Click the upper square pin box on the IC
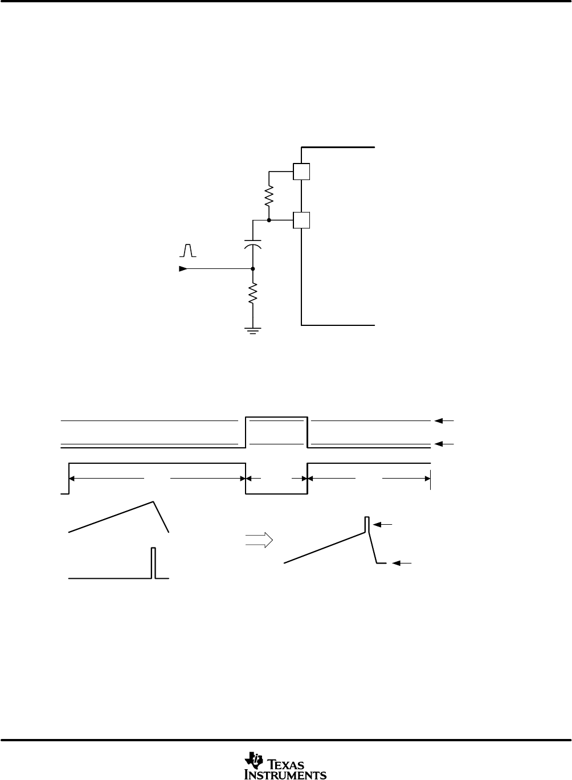[x=301, y=171]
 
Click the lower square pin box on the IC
[x=301, y=220]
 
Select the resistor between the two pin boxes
[x=269, y=196]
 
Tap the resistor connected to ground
[x=253, y=293]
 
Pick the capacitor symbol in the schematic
[x=253, y=244]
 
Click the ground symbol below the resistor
[x=253, y=331]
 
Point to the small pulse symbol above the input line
[x=188, y=251]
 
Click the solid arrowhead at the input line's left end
[x=183, y=269]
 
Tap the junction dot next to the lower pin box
[x=269, y=220]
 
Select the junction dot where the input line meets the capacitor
[x=253, y=269]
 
